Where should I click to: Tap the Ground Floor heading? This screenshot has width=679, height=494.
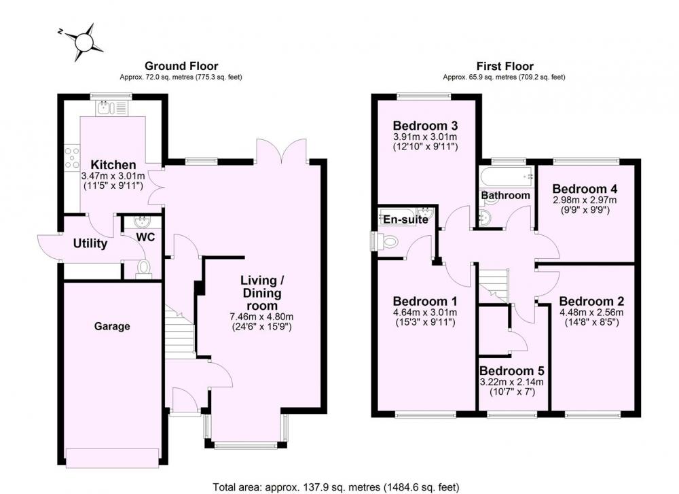pos(181,66)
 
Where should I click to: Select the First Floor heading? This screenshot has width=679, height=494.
pos(505,67)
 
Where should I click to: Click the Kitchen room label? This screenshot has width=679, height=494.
pos(113,164)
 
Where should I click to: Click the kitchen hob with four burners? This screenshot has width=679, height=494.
pos(72,158)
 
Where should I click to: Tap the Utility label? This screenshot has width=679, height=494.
pos(90,243)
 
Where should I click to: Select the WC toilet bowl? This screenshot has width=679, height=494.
pos(143,268)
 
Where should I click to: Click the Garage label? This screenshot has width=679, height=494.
pos(112,326)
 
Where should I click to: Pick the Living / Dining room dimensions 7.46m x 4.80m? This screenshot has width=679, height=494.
pos(261,317)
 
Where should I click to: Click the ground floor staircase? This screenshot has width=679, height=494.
pos(179,332)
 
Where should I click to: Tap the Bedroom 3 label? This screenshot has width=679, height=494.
pos(425,126)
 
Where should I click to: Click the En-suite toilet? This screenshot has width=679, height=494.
pos(387,241)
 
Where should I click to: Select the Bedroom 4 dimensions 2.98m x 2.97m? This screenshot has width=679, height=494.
pos(584,200)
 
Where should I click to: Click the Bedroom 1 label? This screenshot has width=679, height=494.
pos(425,301)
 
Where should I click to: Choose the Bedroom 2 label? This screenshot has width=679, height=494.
pos(591,301)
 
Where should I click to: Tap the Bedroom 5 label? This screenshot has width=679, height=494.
pos(511,371)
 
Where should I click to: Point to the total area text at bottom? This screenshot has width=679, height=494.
pos(336,487)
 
